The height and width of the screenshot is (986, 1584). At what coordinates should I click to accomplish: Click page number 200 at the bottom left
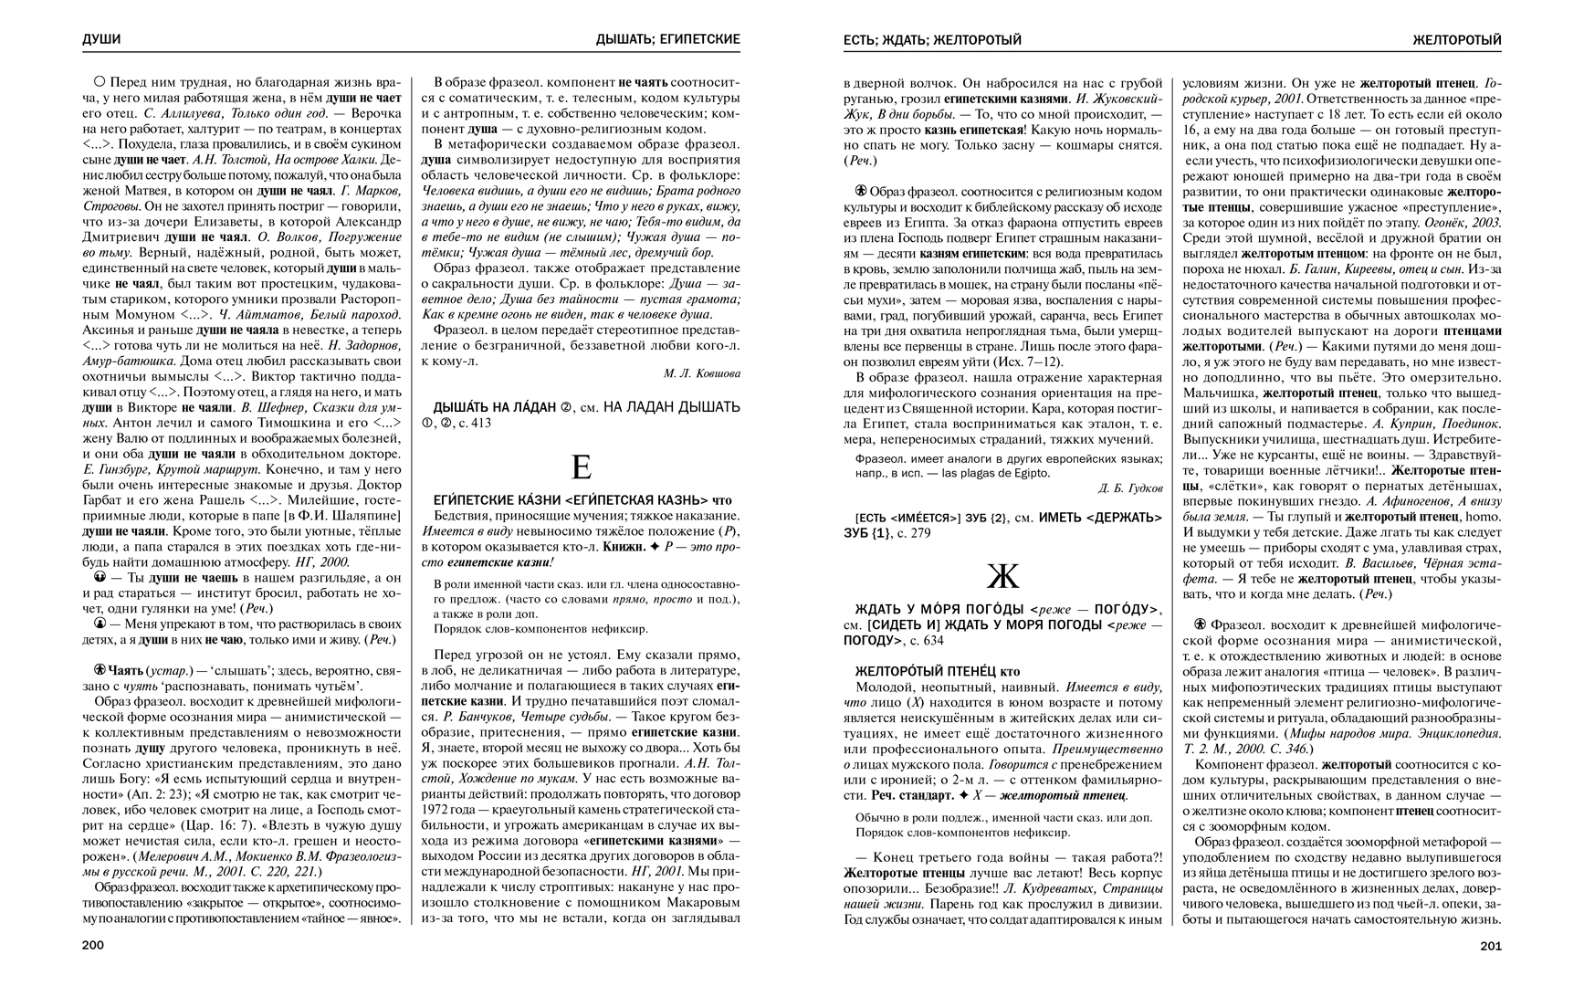[x=93, y=946]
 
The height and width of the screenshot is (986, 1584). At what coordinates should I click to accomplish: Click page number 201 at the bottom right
[x=1490, y=946]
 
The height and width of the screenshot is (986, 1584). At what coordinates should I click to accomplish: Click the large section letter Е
[x=581, y=467]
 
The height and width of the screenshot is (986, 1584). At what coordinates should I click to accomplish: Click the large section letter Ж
[x=1002, y=576]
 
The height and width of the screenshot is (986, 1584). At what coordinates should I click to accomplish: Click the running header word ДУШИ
[x=101, y=40]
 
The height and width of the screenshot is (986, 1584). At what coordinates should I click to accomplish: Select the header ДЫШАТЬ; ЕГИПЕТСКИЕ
[x=667, y=40]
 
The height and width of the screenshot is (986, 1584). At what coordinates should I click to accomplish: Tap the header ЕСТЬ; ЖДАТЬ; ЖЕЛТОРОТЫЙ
[x=932, y=40]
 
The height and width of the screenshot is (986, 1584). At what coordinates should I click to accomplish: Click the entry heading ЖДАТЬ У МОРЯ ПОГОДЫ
[x=940, y=609]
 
